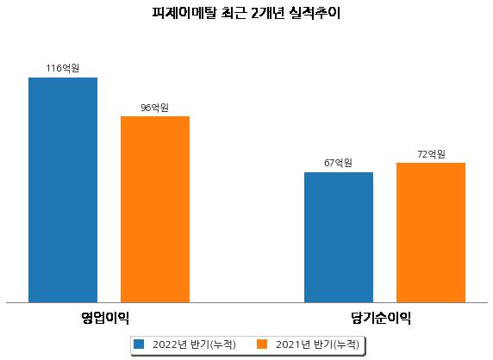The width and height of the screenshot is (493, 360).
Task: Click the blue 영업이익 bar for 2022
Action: (x=63, y=190)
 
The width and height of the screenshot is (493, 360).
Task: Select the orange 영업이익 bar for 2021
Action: (x=155, y=209)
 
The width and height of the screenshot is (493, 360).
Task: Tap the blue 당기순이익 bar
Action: (x=339, y=238)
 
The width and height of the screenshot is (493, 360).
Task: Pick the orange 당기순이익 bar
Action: (x=431, y=233)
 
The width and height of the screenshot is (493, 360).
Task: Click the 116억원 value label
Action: (x=63, y=68)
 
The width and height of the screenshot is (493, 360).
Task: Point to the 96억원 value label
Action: (x=154, y=108)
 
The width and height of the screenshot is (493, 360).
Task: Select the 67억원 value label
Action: (x=339, y=163)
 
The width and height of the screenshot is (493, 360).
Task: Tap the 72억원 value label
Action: (x=431, y=154)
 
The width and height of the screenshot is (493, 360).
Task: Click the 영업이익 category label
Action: (x=105, y=318)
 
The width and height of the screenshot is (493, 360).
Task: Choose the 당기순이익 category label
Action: (x=381, y=318)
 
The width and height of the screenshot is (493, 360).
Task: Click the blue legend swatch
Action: (x=139, y=344)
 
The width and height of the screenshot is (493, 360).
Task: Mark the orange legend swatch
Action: (x=262, y=344)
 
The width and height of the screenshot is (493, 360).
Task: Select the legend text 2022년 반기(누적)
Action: (x=194, y=344)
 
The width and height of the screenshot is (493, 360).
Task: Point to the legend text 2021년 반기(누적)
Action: (x=317, y=344)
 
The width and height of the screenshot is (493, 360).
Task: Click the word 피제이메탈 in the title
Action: (x=184, y=14)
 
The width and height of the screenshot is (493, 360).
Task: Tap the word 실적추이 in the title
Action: (x=315, y=14)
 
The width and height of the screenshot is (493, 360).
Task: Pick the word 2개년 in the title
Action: (x=267, y=14)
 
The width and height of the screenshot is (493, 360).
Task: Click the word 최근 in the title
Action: (x=234, y=14)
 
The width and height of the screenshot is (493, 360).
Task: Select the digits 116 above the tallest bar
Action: (x=53, y=68)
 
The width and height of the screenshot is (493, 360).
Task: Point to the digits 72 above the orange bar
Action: (x=422, y=154)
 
